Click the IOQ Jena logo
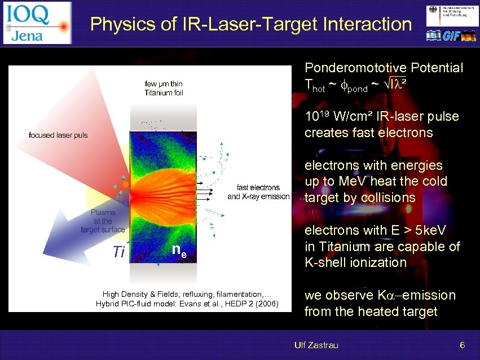click(x=37, y=23)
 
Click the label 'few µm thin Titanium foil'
click(x=164, y=89)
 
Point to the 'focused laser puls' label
click(x=58, y=135)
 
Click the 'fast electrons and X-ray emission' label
click(x=258, y=192)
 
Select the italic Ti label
click(x=118, y=252)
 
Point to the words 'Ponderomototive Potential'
click(x=384, y=68)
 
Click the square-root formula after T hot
click(x=395, y=85)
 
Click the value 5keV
click(x=426, y=230)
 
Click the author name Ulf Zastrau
click(x=316, y=345)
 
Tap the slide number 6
click(x=462, y=345)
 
